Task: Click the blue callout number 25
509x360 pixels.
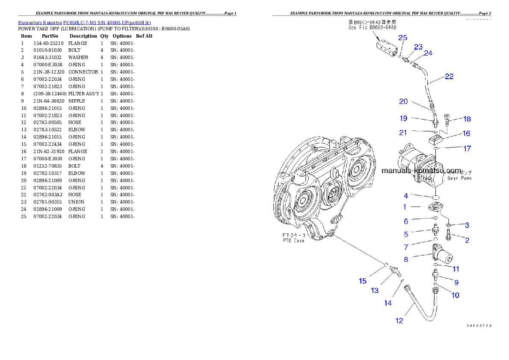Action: click(402, 38)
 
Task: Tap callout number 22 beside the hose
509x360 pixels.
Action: click(449, 77)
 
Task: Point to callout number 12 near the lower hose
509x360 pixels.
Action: click(399, 321)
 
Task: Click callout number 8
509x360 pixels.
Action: click(405, 259)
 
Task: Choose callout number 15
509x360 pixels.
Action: click(363, 281)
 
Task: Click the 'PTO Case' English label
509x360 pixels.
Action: click(293, 241)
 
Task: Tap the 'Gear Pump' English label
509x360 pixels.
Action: click(459, 178)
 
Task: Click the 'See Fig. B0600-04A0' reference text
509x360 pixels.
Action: click(370, 27)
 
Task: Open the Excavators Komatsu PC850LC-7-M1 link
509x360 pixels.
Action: click(84, 23)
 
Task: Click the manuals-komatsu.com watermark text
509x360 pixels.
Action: click(421, 171)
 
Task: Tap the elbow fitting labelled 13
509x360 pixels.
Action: click(395, 271)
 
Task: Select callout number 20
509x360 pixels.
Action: click(403, 102)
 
